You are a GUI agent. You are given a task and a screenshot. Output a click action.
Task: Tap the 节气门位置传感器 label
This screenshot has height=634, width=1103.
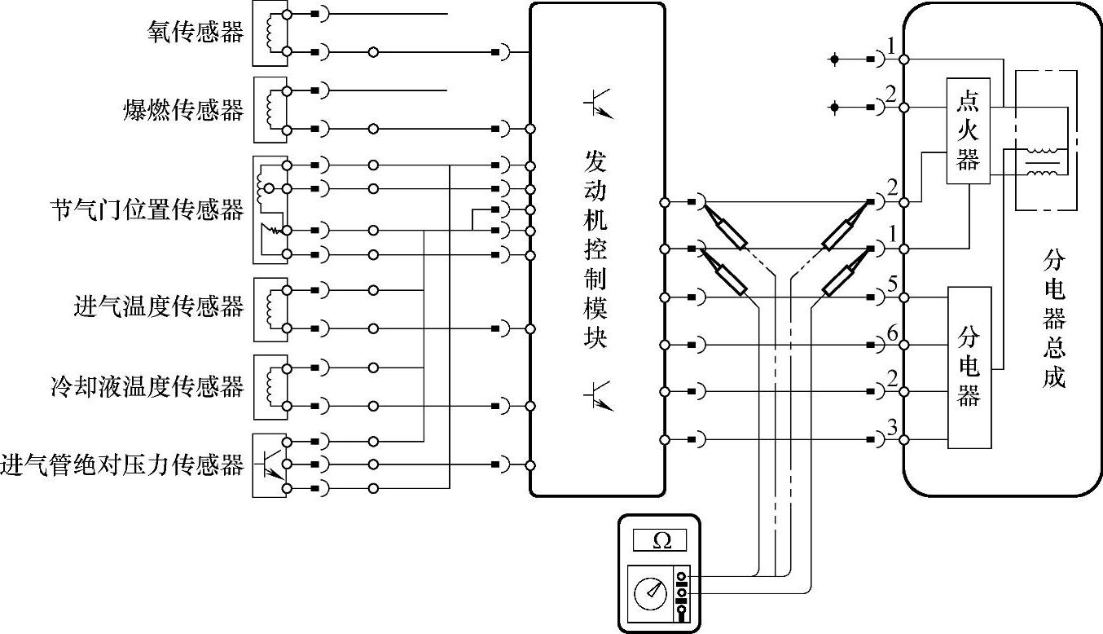(147, 210)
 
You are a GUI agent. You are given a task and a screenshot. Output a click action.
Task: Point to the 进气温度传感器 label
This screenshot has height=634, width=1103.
(159, 307)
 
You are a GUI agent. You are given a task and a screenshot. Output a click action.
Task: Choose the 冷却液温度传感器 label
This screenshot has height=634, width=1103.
(147, 385)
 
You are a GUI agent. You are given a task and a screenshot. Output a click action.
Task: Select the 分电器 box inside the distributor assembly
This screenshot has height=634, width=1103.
(969, 367)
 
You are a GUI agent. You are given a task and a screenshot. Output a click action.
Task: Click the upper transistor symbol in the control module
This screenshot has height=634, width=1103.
(597, 104)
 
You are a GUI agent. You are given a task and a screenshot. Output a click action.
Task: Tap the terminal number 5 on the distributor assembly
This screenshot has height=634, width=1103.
(893, 286)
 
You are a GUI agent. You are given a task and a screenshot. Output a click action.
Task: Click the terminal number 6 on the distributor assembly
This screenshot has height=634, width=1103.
(893, 333)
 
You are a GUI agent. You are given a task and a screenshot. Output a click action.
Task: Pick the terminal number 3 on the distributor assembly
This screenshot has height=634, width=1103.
(893, 427)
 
